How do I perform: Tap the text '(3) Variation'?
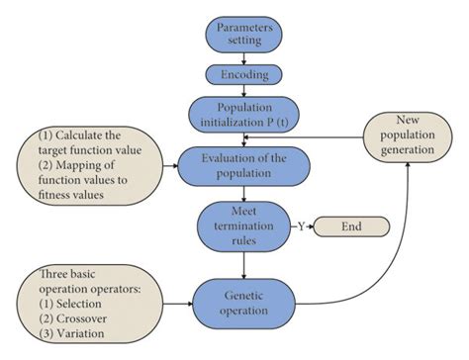(57, 334)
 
